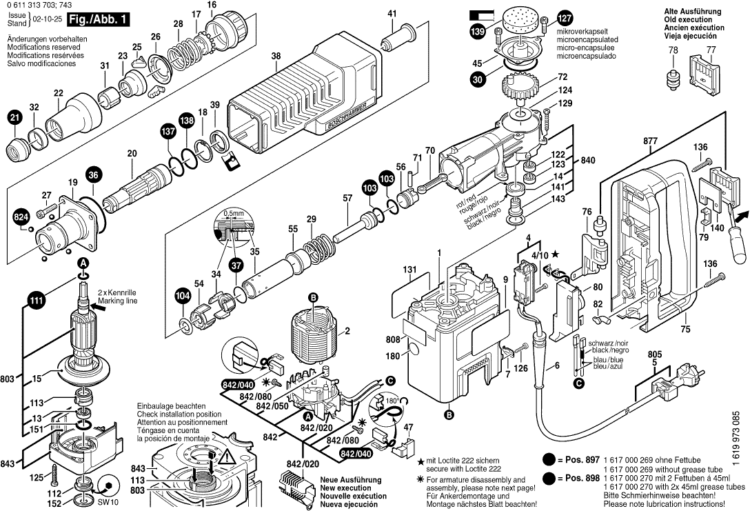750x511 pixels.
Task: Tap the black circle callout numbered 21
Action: pos(14,119)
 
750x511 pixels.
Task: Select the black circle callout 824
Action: pos(22,219)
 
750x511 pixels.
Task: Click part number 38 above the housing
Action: pos(276,58)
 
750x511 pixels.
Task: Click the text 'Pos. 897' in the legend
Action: pos(580,460)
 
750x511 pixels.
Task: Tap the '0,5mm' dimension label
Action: pos(234,213)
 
